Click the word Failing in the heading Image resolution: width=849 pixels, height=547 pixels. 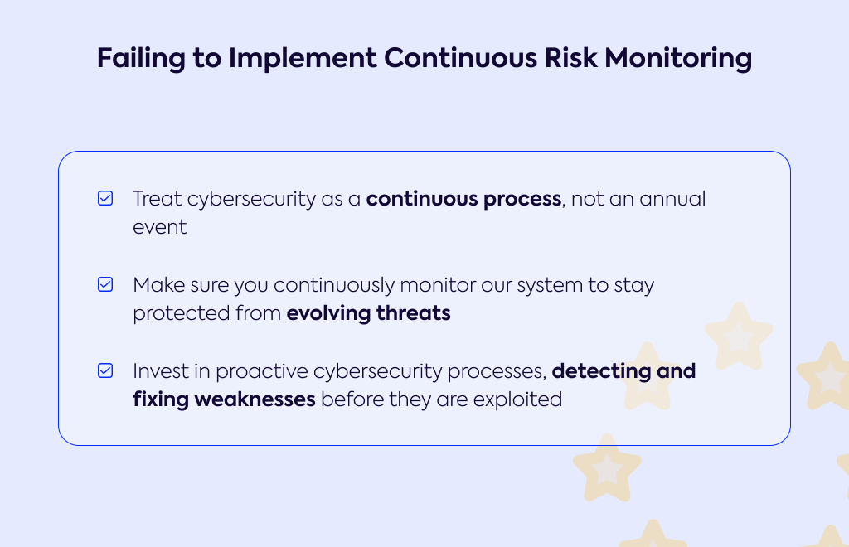pyautogui.click(x=141, y=59)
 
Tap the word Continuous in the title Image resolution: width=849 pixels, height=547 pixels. pyautogui.click(x=460, y=57)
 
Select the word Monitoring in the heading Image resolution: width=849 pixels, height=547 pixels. pyautogui.click(x=678, y=59)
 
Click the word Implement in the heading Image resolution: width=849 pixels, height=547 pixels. pyautogui.click(x=303, y=59)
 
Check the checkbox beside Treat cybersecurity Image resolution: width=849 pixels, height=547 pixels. pyautogui.click(x=105, y=198)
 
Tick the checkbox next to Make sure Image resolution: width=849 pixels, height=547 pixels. pyautogui.click(x=105, y=284)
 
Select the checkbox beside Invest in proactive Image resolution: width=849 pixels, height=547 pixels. pyautogui.click(x=105, y=370)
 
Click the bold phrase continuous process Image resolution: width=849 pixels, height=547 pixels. pyautogui.click(x=464, y=199)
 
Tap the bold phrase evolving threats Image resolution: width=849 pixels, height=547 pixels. pyautogui.click(x=369, y=313)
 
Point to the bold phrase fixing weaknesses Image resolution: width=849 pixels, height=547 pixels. pyautogui.click(x=224, y=399)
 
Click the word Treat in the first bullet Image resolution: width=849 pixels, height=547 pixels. pyautogui.click(x=157, y=199)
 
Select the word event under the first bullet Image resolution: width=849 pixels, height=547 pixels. pyautogui.click(x=160, y=227)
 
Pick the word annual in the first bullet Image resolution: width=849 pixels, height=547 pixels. pyautogui.click(x=672, y=199)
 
